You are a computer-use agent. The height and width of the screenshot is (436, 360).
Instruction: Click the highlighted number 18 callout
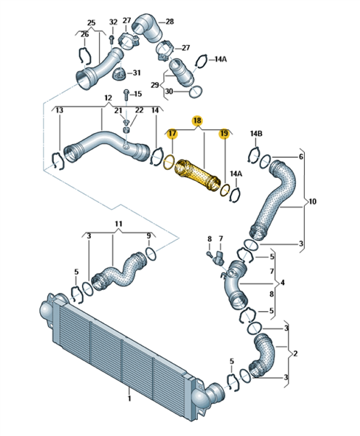click(x=197, y=121)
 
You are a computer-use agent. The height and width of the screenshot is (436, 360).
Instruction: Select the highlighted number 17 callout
click(x=172, y=134)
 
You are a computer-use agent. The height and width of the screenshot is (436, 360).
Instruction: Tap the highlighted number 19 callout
click(x=224, y=134)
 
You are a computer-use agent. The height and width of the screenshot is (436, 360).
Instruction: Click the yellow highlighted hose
click(x=196, y=175)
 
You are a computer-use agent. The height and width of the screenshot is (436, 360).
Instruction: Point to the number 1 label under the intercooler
click(x=129, y=398)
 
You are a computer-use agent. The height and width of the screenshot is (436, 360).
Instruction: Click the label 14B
click(x=256, y=134)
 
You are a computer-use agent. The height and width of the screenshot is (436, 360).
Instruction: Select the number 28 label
click(x=169, y=21)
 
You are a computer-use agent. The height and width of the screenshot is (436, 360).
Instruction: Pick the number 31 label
click(x=136, y=73)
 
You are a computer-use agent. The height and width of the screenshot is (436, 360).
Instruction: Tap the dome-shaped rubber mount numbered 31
click(x=119, y=73)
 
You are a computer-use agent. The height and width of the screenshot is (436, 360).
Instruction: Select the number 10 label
click(x=313, y=201)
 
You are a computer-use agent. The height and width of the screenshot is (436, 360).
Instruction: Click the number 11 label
click(x=119, y=224)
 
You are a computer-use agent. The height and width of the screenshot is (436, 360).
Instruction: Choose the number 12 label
click(x=108, y=98)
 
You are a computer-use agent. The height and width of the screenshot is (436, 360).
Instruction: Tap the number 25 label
click(x=91, y=23)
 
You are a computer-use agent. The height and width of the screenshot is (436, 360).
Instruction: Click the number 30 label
click(x=169, y=92)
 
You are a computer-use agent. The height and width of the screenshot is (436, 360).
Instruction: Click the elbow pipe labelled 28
click(x=147, y=28)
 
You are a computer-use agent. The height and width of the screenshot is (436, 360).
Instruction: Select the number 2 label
click(x=295, y=353)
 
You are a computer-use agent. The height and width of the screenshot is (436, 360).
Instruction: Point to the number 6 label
click(x=301, y=157)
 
